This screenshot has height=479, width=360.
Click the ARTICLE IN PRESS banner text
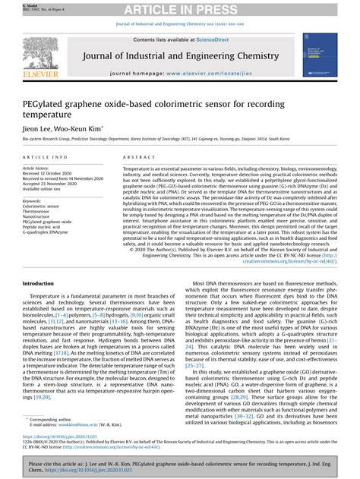pyautogui.click(x=179, y=8)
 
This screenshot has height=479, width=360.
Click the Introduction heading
pyautogui.click(x=43, y=283)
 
